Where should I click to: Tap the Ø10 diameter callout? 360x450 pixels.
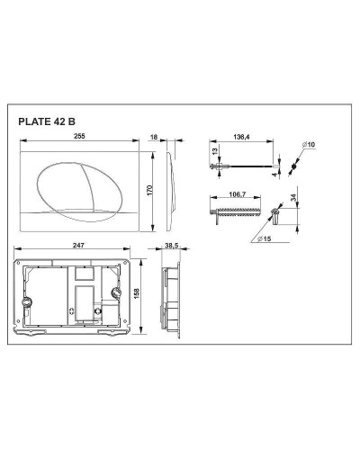tap(309, 145)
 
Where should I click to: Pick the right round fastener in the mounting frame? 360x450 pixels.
tap(115, 291)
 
